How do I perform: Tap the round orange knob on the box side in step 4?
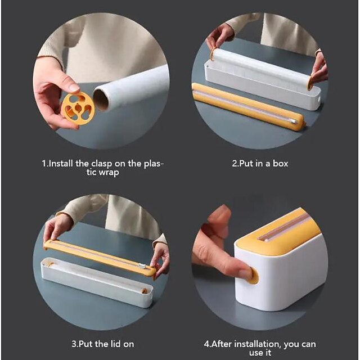[x=252, y=275]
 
